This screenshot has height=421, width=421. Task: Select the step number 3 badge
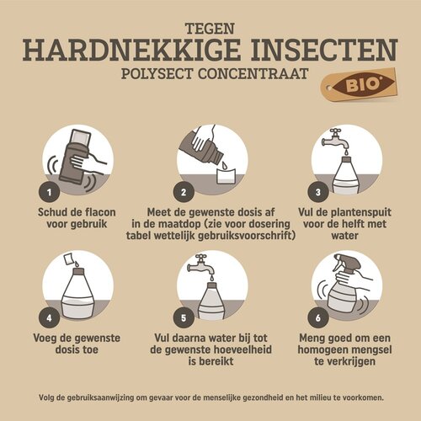(317, 191)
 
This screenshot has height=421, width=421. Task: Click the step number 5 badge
(183, 318)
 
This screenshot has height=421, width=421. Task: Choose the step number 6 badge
(317, 318)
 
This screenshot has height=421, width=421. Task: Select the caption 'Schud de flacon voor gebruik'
(77, 217)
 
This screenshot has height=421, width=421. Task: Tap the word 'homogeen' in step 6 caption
(327, 349)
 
